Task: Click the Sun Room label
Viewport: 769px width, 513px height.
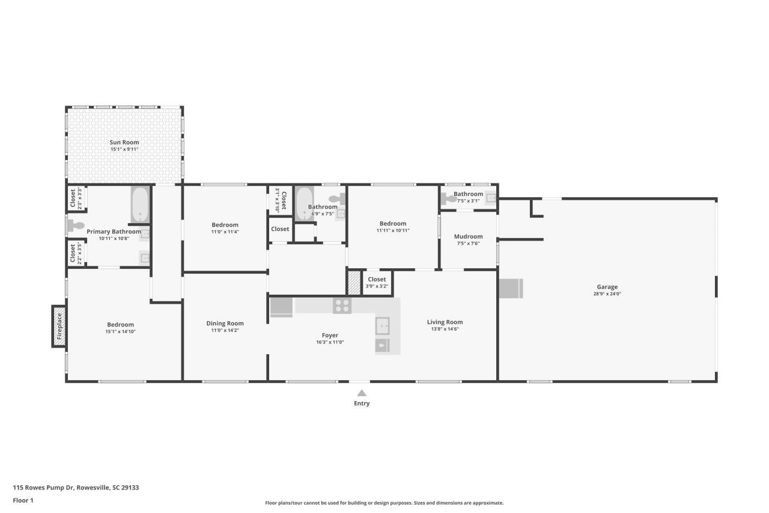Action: tap(124, 143)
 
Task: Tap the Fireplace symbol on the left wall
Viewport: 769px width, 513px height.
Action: tap(59, 327)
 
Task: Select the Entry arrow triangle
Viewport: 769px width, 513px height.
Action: tap(361, 393)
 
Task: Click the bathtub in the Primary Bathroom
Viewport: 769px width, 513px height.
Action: tap(140, 204)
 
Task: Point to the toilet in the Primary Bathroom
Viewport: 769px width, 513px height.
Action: tap(76, 226)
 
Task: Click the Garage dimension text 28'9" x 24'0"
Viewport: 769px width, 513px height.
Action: tap(607, 294)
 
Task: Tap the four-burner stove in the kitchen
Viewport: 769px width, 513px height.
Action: tap(342, 306)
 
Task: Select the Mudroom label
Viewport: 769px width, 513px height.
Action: tap(468, 236)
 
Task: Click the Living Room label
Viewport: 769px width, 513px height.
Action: tap(445, 322)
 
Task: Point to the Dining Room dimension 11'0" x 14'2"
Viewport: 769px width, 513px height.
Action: tap(225, 330)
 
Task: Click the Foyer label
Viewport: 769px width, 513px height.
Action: tap(330, 335)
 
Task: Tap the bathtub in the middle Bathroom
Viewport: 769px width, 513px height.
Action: tap(305, 203)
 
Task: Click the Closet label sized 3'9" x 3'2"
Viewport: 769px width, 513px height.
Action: tap(377, 279)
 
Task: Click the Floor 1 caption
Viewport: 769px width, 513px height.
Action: tap(23, 500)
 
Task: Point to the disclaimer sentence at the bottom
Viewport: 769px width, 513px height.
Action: tap(384, 503)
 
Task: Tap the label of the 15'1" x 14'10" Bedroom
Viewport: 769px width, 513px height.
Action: tap(120, 325)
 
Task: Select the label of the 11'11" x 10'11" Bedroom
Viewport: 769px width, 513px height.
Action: tap(392, 223)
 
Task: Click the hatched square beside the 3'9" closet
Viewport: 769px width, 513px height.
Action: tap(354, 283)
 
